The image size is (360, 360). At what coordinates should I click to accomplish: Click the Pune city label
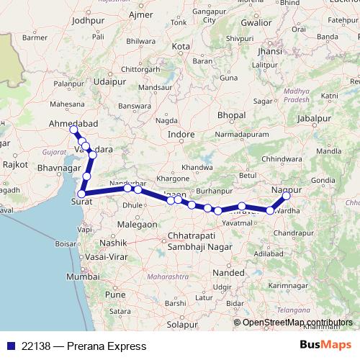coord(114,294)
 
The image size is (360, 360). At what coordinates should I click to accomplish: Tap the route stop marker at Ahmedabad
coord(73,130)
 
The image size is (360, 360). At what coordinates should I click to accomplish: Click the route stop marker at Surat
coord(82,193)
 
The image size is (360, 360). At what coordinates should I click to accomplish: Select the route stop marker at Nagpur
coord(287,196)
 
